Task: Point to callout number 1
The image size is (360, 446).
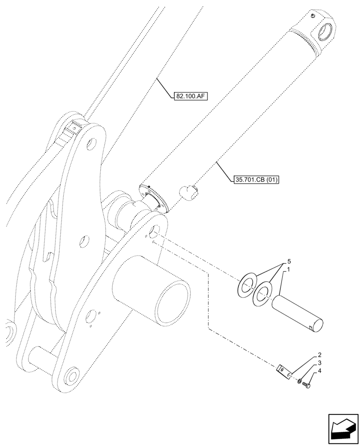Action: (x=289, y=270)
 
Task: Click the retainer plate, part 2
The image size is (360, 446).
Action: (x=283, y=371)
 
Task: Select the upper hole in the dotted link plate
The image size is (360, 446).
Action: (x=91, y=144)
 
